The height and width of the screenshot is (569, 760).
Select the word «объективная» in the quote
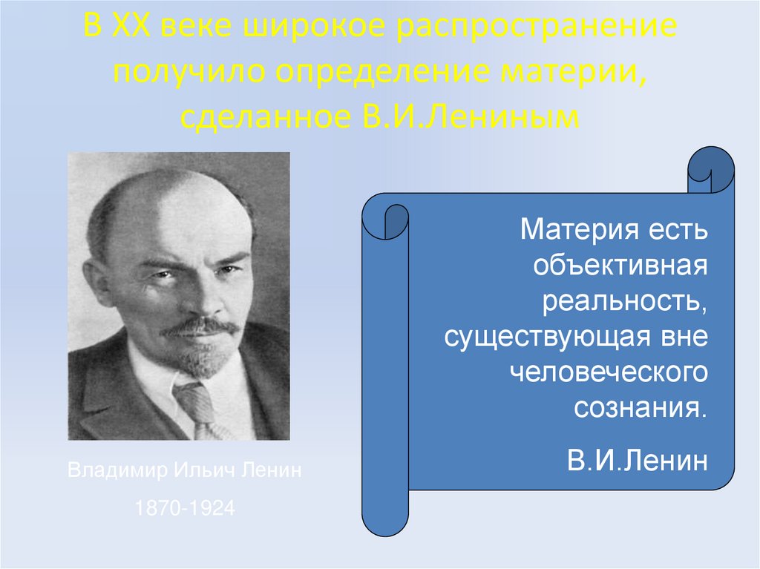click(620, 266)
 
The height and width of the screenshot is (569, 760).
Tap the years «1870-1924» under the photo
click(185, 508)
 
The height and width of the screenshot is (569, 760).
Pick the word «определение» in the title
click(382, 72)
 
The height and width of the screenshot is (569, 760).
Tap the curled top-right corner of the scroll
click(710, 169)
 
